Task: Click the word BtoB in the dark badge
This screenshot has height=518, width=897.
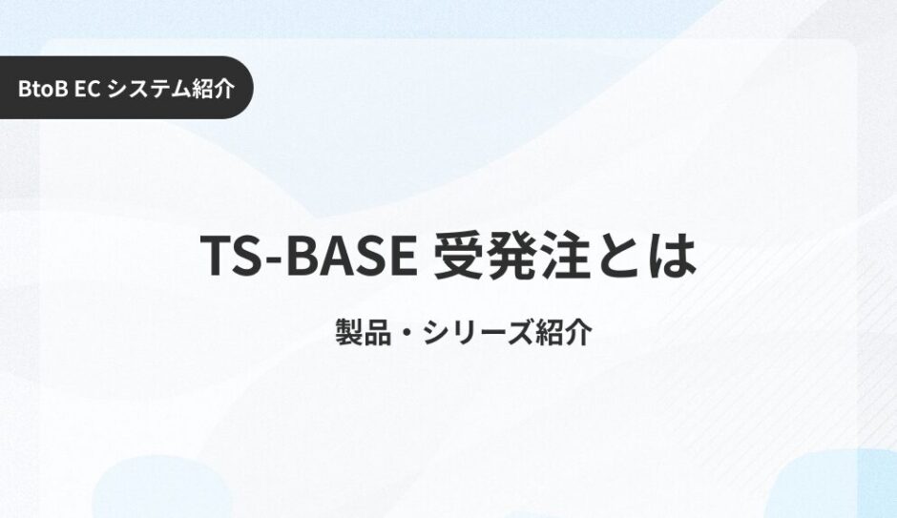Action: coord(43,88)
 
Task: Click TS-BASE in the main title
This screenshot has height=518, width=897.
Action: coord(309,256)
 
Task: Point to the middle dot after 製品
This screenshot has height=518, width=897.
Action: coord(407,333)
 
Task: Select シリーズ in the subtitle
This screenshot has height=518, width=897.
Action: coord(478,332)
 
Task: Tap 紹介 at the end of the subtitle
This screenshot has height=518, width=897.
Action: coord(563,332)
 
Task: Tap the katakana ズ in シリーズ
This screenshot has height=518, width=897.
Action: coord(520,332)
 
